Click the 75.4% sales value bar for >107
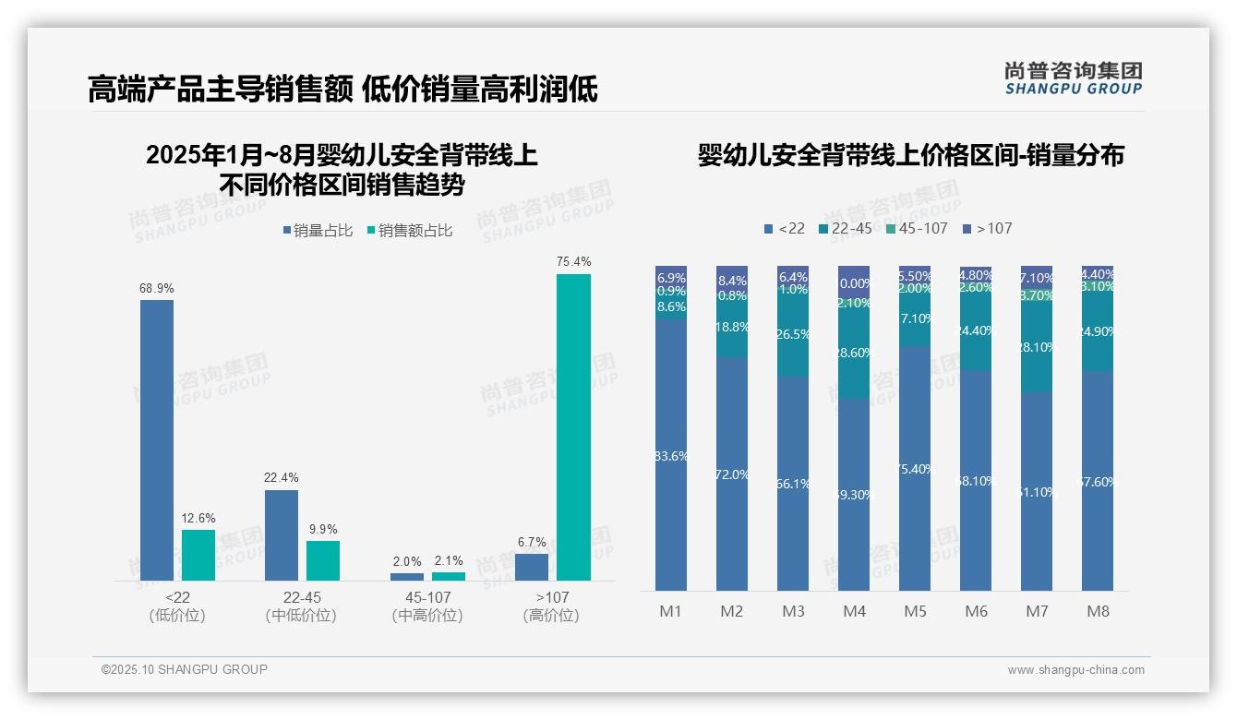click(573, 426)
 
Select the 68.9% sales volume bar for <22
click(157, 439)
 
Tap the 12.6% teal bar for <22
click(198, 555)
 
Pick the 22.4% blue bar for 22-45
click(282, 534)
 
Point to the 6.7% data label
click(532, 542)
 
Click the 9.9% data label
click(323, 529)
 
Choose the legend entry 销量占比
click(318, 231)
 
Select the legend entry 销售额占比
click(410, 231)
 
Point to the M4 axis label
click(854, 611)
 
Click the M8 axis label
click(1098, 611)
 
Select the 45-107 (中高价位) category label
click(427, 606)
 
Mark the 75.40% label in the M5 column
click(915, 469)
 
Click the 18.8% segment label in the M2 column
click(732, 327)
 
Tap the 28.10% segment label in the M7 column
click(1037, 347)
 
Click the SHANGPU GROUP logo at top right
click(1073, 78)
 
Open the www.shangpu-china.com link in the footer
click(1075, 670)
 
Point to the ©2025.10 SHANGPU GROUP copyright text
click(185, 669)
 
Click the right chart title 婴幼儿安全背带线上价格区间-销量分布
click(910, 155)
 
